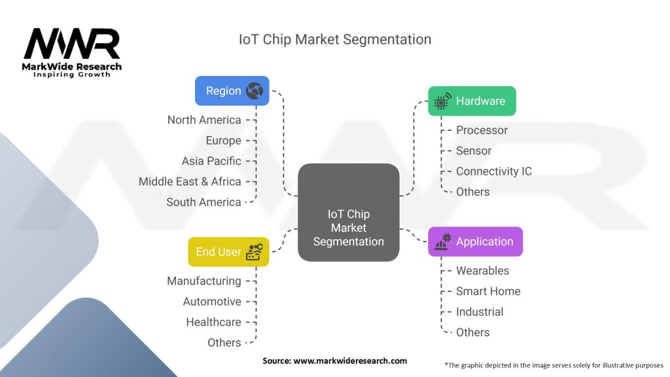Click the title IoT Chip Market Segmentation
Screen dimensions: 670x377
click(335, 39)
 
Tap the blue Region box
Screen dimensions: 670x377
click(232, 91)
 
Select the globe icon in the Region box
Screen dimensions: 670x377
click(254, 91)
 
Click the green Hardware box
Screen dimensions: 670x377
click(472, 101)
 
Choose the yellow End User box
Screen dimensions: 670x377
click(228, 252)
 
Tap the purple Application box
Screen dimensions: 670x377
click(475, 242)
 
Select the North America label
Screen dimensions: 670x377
click(204, 120)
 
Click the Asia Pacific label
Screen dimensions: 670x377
click(211, 161)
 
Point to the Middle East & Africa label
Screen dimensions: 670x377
click(190, 181)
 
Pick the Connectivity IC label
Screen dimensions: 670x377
click(494, 171)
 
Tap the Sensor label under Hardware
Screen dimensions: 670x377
click(474, 151)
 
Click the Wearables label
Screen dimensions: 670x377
click(482, 270)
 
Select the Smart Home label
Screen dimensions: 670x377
click(488, 291)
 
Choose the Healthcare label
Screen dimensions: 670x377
click(213, 322)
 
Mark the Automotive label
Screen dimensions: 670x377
click(212, 302)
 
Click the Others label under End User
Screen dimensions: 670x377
click(224, 342)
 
